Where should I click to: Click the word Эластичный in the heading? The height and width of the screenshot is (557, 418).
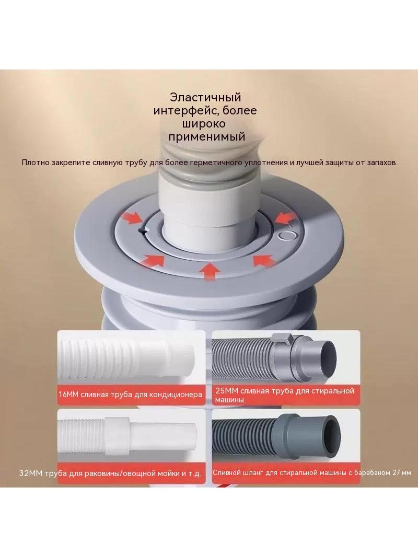[x=205, y=97]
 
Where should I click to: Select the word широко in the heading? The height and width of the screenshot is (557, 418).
[x=204, y=124]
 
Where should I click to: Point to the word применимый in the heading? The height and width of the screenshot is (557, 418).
[x=207, y=137]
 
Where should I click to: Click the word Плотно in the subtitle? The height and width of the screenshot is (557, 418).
[x=35, y=163]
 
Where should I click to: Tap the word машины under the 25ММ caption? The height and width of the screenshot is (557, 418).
[x=229, y=400]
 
